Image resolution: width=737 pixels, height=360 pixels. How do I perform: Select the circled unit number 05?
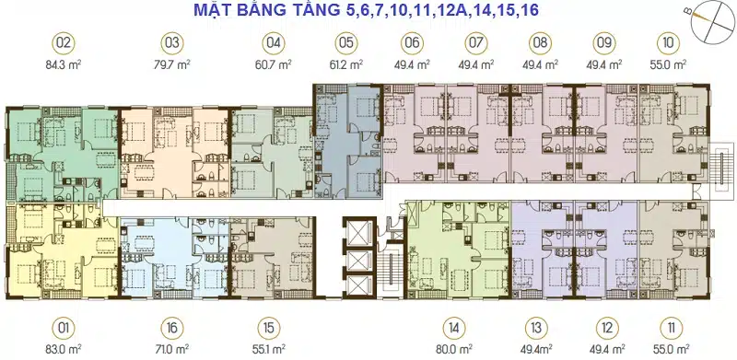(x=346, y=43)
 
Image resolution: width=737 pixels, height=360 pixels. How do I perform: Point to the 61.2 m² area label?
(x=346, y=64)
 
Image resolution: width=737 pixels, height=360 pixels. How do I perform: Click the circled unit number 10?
(x=669, y=43)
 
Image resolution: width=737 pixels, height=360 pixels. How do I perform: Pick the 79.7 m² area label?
(x=173, y=64)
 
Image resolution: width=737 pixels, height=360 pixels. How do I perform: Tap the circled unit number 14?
(x=454, y=328)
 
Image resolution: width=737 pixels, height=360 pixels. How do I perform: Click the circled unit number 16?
(x=172, y=328)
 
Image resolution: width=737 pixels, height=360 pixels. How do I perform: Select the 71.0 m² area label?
(x=172, y=349)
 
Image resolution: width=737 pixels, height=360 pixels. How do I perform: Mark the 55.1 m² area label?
(x=269, y=349)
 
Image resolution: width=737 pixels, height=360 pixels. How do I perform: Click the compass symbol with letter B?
(x=714, y=19)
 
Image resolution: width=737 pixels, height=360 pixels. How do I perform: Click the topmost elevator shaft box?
(x=359, y=233)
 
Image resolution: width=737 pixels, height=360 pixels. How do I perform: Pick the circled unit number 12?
(x=606, y=328)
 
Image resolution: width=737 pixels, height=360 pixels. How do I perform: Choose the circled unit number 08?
(x=540, y=43)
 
